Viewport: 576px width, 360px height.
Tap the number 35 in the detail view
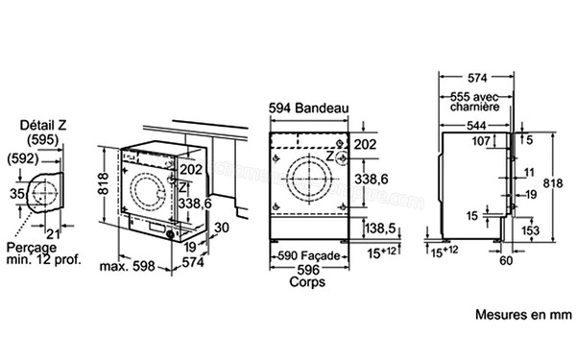15,195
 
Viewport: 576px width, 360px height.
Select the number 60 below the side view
505,258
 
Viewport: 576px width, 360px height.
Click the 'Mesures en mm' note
522,314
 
